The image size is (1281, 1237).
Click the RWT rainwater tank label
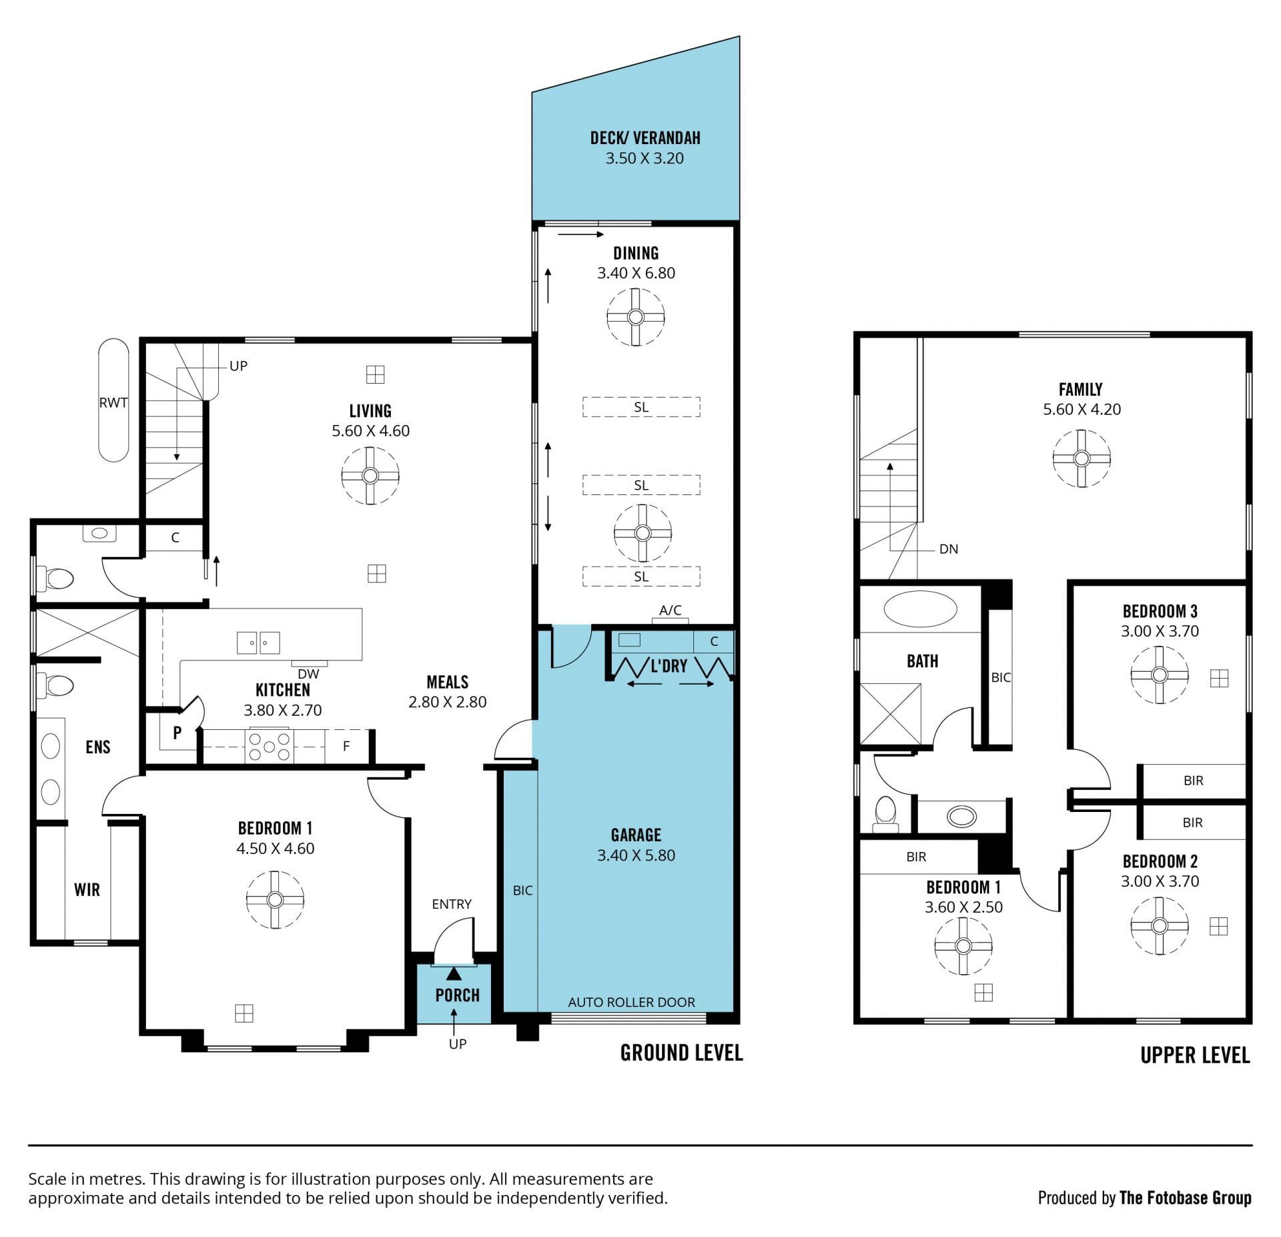point(113,402)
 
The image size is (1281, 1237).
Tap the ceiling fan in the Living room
point(370,476)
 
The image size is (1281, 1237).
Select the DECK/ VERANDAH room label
point(645,138)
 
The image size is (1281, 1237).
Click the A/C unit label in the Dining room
point(671,610)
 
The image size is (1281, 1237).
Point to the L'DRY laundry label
point(669,665)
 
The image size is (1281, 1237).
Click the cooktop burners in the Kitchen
point(269,747)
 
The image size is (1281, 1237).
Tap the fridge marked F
point(346,747)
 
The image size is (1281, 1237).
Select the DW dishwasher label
point(308,674)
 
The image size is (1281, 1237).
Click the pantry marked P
point(177,733)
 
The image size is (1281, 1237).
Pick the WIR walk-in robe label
point(87,889)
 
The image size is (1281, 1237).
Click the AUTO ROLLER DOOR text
point(631,1002)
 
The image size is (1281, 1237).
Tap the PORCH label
point(457,995)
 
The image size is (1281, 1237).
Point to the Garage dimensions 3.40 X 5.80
point(636,855)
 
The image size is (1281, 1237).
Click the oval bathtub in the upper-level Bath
point(920,608)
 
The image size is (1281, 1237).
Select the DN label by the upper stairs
point(948,549)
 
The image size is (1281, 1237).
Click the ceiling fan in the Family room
point(1082,458)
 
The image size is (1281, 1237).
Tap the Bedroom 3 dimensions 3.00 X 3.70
point(1160,631)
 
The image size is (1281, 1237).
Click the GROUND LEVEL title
point(681,1053)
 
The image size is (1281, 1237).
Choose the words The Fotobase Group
point(1185,1198)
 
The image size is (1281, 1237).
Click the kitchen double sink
point(258,643)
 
